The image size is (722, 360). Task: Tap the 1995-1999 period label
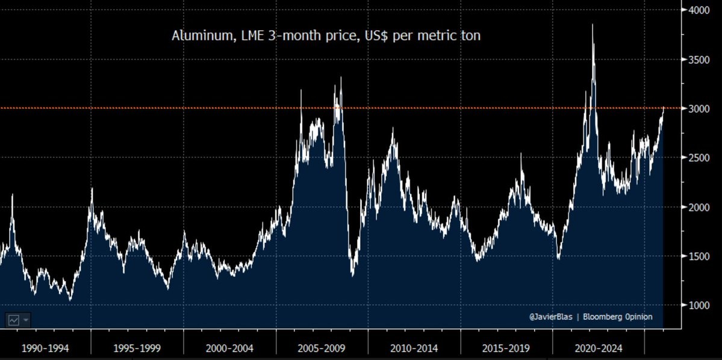(x=137, y=348)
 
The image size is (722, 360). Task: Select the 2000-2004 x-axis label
(x=229, y=348)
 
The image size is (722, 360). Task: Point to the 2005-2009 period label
(x=322, y=348)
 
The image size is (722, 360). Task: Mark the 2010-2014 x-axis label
(x=414, y=348)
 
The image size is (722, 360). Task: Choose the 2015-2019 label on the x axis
(x=506, y=348)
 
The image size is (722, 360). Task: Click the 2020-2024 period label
(x=598, y=348)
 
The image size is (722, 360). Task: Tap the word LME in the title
(x=245, y=36)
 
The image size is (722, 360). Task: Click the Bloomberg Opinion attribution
(x=617, y=317)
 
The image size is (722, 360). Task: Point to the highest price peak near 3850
(x=593, y=25)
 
